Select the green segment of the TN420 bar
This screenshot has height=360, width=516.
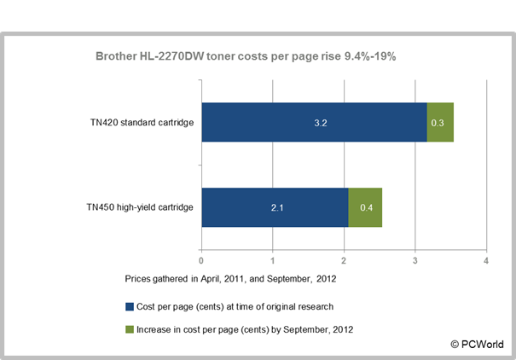(x=440, y=123)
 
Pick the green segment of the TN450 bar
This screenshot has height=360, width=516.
(x=365, y=207)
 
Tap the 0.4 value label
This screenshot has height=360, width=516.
(x=365, y=207)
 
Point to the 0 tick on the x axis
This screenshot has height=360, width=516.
(x=200, y=260)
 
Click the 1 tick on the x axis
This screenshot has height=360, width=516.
(x=272, y=260)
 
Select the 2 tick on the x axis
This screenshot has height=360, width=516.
(x=343, y=260)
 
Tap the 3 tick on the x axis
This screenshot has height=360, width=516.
(x=415, y=260)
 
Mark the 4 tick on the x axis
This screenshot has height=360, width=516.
(x=485, y=260)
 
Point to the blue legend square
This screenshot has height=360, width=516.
(x=129, y=305)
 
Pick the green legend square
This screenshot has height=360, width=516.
(x=129, y=328)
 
